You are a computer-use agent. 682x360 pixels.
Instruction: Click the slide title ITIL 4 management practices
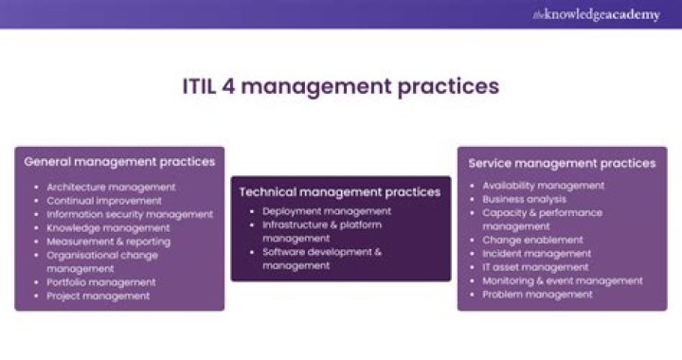[340, 87]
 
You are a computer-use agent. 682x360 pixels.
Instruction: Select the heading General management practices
[119, 162]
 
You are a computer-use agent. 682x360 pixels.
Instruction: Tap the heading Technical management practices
[339, 191]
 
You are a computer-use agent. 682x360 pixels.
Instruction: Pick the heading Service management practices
[562, 163]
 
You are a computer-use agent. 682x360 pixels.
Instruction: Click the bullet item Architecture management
[111, 187]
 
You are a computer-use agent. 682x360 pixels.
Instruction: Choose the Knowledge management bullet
[108, 228]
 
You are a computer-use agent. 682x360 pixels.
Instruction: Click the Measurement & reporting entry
[109, 242]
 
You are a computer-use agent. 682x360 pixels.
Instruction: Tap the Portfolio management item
[101, 282]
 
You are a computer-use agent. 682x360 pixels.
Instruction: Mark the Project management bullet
[98, 296]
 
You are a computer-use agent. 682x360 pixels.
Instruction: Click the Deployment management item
[327, 211]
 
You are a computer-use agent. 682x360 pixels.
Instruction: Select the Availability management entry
[543, 186]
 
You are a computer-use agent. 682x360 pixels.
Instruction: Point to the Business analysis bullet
[525, 199]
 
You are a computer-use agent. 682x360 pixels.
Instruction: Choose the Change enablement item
[532, 241]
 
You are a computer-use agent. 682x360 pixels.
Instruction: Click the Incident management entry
[536, 254]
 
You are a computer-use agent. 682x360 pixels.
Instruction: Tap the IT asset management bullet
[535, 267]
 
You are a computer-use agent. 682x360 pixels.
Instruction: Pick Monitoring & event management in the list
[563, 280]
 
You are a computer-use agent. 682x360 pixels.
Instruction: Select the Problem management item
[537, 295]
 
